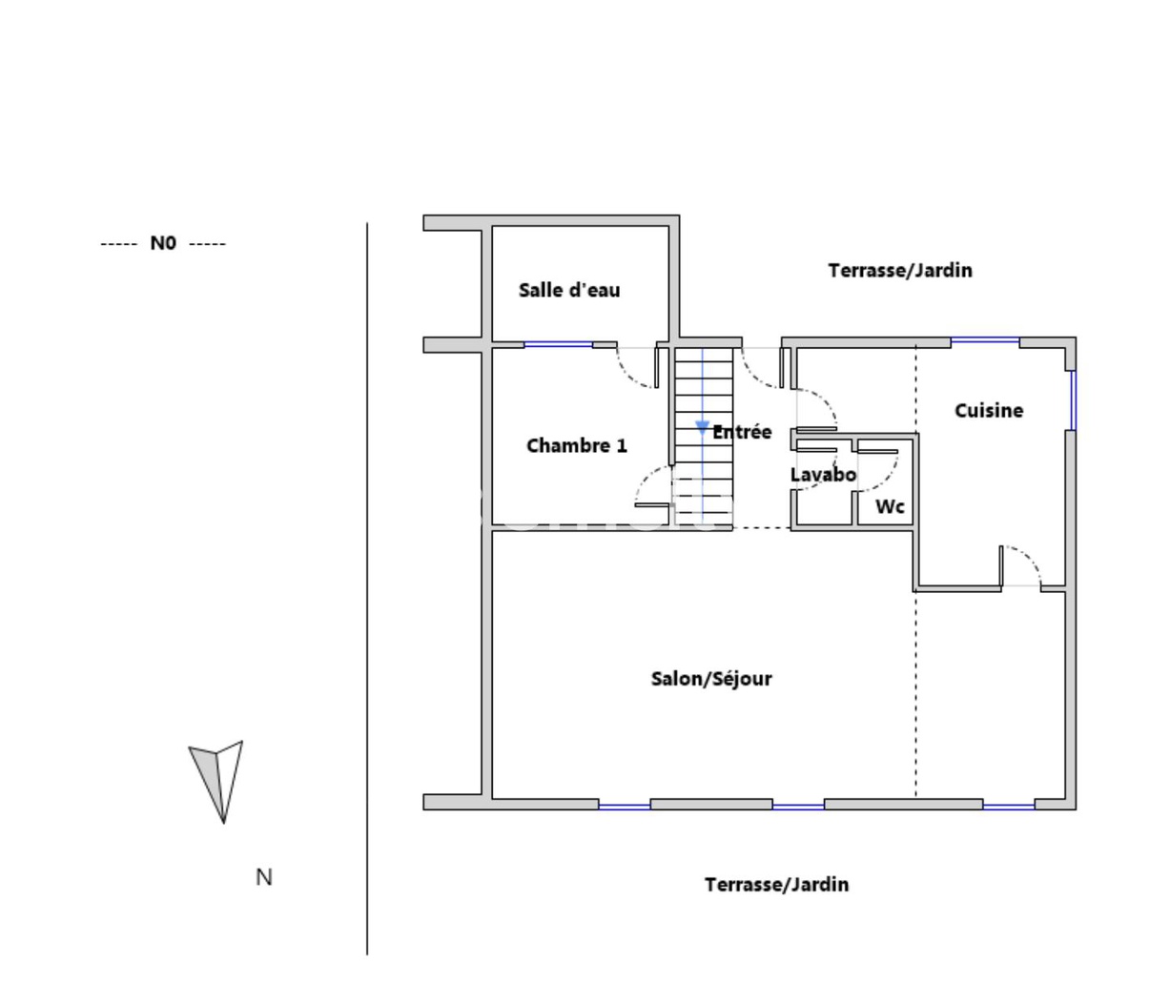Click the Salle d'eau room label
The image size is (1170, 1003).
coord(569,290)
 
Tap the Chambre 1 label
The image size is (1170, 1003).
coord(577,445)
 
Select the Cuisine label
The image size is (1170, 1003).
coord(989,410)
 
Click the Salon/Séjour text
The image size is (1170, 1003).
coord(711,679)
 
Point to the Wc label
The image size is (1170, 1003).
coord(890,506)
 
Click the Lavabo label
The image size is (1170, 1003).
coord(823,474)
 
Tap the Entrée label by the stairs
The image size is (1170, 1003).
coord(743,432)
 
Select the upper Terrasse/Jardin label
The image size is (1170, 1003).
coord(900,270)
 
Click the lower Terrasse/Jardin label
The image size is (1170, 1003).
coord(776,885)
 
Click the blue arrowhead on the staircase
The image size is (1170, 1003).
coord(703,427)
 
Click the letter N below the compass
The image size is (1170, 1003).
coord(264,877)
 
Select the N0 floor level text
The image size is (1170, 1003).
coord(163,243)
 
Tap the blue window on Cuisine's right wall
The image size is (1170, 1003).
coord(1073,400)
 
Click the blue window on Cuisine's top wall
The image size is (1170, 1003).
coord(985,340)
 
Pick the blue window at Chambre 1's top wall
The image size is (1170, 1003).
coord(558,344)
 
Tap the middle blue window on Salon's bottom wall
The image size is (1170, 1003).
coord(798,807)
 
